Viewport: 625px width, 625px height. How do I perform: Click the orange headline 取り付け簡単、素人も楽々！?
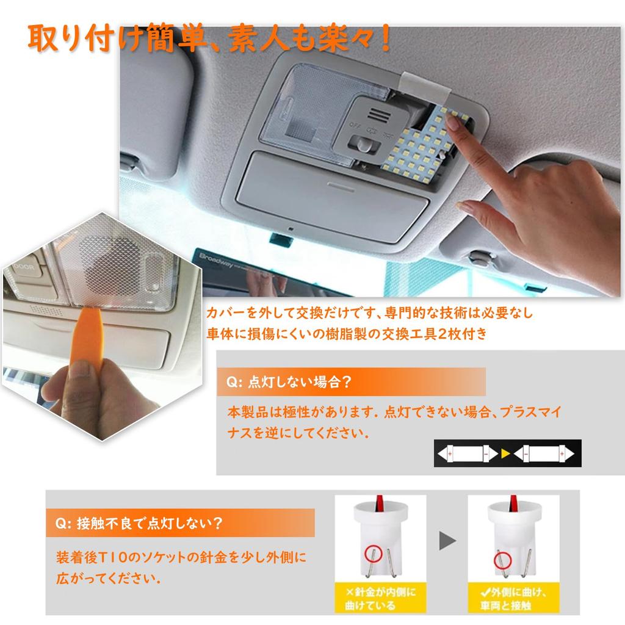tap(208, 38)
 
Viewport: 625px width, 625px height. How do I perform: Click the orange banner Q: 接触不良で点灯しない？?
tap(180, 523)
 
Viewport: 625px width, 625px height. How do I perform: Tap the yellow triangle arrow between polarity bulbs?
tap(504, 453)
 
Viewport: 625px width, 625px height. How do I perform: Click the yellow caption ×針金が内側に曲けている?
tap(380, 599)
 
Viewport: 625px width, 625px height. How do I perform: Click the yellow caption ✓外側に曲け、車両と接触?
tap(513, 599)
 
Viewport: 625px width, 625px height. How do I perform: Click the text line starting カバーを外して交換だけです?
tap(369, 313)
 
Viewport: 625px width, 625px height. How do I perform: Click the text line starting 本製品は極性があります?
tap(394, 411)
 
